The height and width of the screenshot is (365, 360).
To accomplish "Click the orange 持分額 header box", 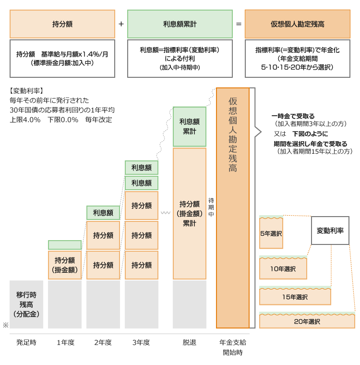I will click(62, 24).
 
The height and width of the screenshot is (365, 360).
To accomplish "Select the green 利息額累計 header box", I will click(180, 24).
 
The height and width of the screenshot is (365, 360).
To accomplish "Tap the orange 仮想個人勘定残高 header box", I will click(297, 24).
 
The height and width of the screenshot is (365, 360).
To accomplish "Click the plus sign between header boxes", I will click(121, 24).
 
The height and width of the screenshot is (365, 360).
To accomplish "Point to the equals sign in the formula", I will click(239, 24).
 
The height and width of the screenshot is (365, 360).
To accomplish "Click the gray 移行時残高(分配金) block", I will click(26, 304).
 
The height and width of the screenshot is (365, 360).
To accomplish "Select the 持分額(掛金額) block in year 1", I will click(65, 265).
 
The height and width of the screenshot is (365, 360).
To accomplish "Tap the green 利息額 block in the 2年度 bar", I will click(103, 213).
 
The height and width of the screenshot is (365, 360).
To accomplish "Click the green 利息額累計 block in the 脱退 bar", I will click(190, 126).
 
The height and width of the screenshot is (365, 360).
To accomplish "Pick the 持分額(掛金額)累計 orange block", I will click(190, 213).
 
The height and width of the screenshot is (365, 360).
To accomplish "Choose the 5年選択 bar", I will click(271, 233).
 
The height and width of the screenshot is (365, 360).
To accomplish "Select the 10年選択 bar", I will click(283, 269).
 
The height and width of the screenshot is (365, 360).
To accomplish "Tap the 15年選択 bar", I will click(295, 297).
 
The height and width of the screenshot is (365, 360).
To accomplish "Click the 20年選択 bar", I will click(307, 321).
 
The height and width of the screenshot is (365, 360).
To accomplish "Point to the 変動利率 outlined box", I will click(330, 231).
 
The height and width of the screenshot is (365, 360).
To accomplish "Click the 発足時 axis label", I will click(26, 342).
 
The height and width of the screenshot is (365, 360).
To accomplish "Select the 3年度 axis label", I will click(141, 342).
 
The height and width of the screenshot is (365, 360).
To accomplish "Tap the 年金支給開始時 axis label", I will click(233, 347).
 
